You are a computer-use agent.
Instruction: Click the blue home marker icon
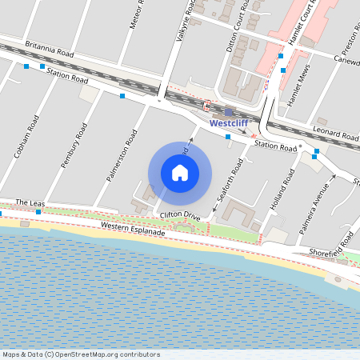[180, 172]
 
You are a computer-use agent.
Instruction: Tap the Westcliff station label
[229, 124]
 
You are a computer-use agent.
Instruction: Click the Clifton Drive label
[180, 216]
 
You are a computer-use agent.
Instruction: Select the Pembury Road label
[74, 145]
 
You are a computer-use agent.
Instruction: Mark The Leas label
[30, 204]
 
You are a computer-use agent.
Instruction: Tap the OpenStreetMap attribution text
[80, 354]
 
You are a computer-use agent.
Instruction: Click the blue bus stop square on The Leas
[38, 212]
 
